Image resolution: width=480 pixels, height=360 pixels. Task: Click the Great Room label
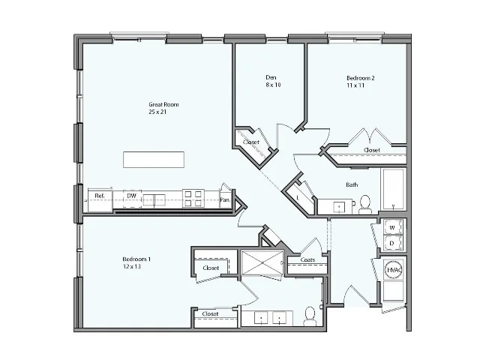pyautogui.click(x=163, y=105)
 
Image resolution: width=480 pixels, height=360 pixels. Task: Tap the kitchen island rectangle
pyautogui.click(x=154, y=160)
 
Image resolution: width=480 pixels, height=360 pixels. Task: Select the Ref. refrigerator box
pyautogui.click(x=98, y=197)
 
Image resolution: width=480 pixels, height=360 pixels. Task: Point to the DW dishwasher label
pyautogui.click(x=130, y=197)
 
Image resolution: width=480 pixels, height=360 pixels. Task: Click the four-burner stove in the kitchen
pyautogui.click(x=193, y=198)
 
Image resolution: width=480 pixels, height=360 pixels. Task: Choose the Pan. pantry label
pyautogui.click(x=225, y=199)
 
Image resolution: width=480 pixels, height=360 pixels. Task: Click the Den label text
pyautogui.click(x=271, y=77)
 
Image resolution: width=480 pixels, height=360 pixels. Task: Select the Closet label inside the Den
pyautogui.click(x=251, y=142)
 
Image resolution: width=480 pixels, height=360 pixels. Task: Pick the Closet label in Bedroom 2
pyautogui.click(x=372, y=150)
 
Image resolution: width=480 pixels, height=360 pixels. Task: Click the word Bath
pyautogui.click(x=351, y=184)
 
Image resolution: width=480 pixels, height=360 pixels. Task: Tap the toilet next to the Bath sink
pyautogui.click(x=365, y=203)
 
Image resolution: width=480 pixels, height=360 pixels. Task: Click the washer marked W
pyautogui.click(x=391, y=227)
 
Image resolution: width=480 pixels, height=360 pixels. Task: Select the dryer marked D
pyautogui.click(x=391, y=244)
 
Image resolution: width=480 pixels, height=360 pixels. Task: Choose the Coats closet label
pyautogui.click(x=307, y=260)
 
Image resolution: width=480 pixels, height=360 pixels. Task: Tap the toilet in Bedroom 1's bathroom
pyautogui.click(x=310, y=316)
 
